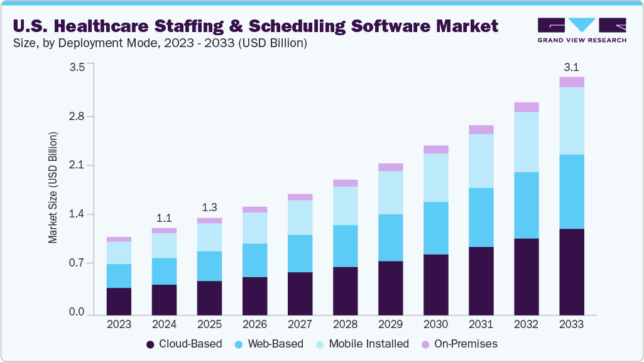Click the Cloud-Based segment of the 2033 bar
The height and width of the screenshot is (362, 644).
tap(572, 271)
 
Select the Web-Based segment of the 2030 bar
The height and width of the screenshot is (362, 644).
tap(435, 228)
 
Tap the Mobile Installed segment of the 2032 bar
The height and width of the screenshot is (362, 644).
tap(526, 142)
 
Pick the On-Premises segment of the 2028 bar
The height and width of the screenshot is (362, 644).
tap(345, 183)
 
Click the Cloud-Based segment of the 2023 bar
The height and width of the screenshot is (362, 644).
tap(119, 301)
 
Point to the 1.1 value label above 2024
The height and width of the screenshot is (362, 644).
tap(164, 219)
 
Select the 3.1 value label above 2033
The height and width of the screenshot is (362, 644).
tap(572, 67)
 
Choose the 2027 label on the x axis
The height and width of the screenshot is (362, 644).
tap(300, 325)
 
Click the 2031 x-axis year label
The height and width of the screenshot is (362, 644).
tap(481, 325)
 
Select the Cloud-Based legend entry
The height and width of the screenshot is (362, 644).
tap(183, 344)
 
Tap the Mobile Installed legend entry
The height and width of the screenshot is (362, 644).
tap(368, 344)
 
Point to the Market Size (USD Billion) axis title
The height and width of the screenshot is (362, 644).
tap(53, 188)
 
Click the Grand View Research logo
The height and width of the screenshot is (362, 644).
tap(581, 30)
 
